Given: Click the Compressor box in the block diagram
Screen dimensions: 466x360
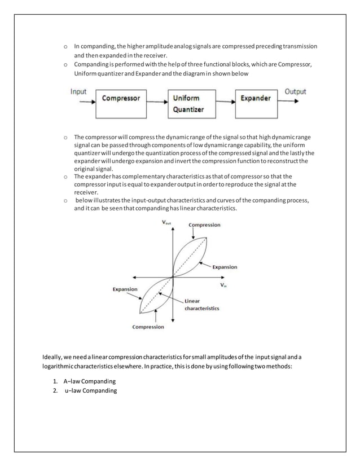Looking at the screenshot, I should pos(120,102).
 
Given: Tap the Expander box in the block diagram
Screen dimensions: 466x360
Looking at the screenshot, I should pos(256,102).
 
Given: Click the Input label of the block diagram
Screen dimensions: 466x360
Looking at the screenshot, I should pos(78,91).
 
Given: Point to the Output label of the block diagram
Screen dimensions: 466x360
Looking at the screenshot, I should pos(295,91).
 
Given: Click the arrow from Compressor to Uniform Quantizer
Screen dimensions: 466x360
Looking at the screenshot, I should pos(156,102).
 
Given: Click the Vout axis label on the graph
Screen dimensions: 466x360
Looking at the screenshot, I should pos(167,223).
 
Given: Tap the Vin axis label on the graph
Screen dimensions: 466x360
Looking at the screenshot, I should pos(224,285).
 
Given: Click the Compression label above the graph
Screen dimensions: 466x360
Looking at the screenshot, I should pos(204,225).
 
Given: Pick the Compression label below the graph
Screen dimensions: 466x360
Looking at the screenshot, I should pos(148,327).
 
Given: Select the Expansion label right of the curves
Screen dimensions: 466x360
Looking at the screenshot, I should pos(225,267).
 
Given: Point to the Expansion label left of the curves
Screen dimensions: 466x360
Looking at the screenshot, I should pos(125,289).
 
